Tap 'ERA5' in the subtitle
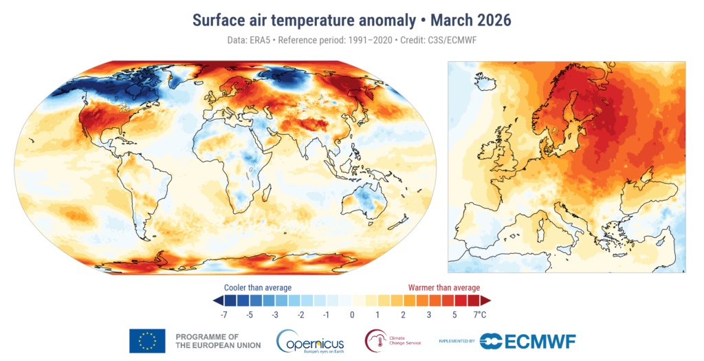click(261, 41)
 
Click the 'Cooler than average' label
click(258, 287)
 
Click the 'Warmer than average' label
click(444, 287)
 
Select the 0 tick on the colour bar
click(352, 315)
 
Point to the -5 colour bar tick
click(250, 315)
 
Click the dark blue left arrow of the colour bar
click(217, 300)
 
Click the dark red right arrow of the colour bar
click(485, 300)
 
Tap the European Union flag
click(147, 341)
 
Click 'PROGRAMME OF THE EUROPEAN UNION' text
click(218, 341)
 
